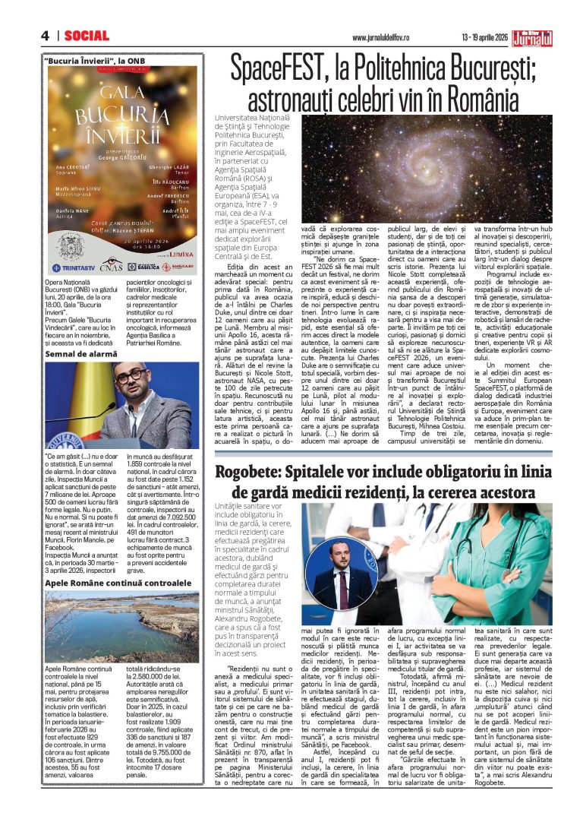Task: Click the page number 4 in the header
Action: (46, 36)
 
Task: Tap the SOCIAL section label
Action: (87, 36)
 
